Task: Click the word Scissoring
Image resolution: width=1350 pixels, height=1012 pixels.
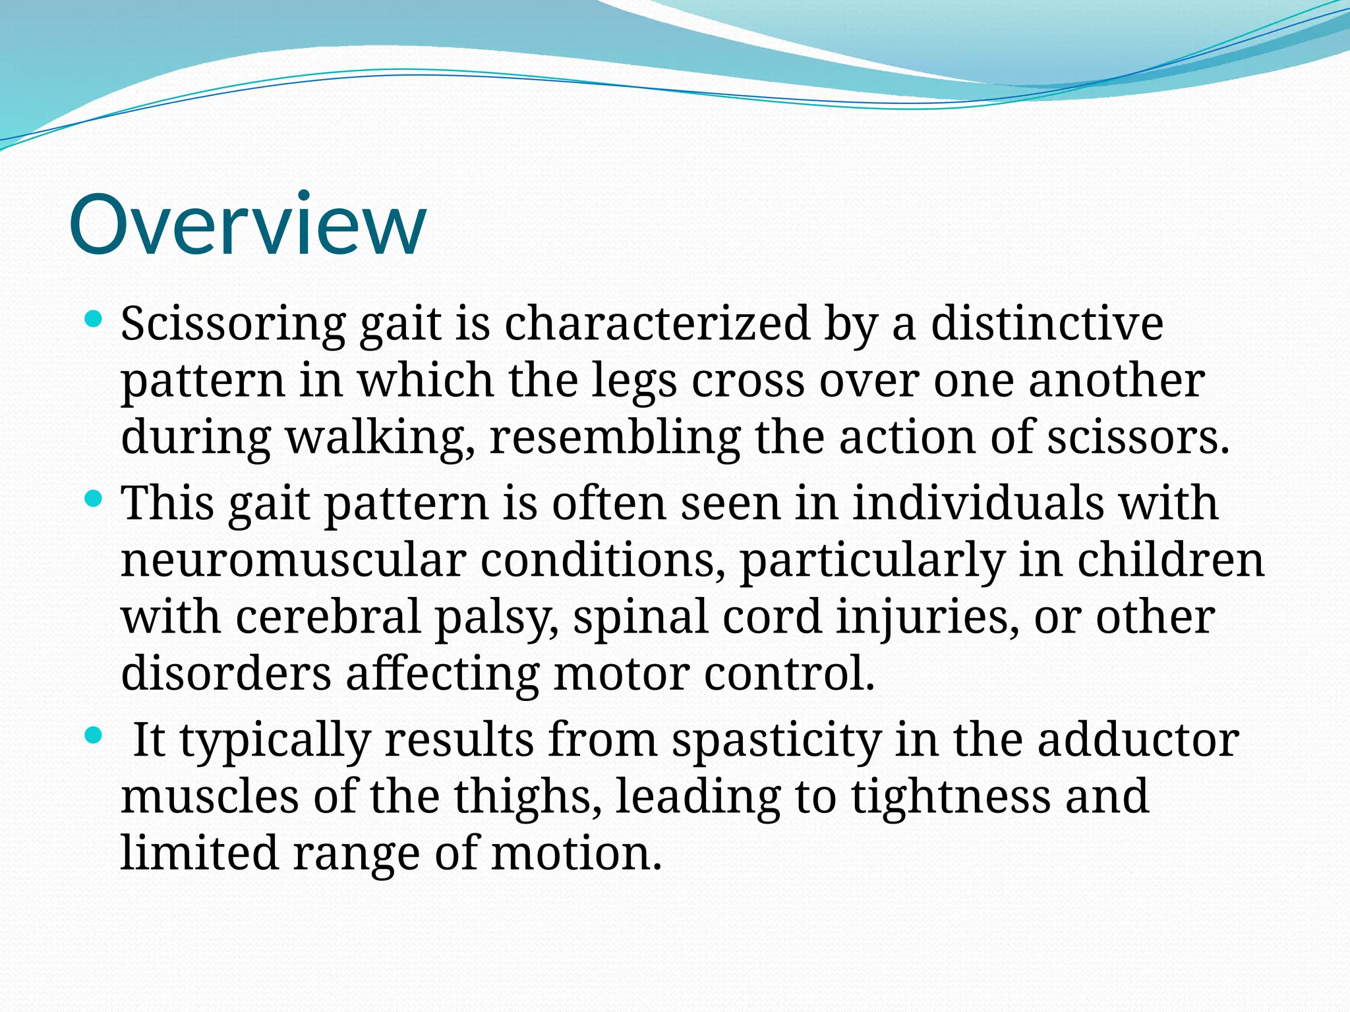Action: [233, 324]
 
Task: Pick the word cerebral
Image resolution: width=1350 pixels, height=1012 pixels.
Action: [328, 617]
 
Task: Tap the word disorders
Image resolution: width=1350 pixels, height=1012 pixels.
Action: [226, 674]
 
